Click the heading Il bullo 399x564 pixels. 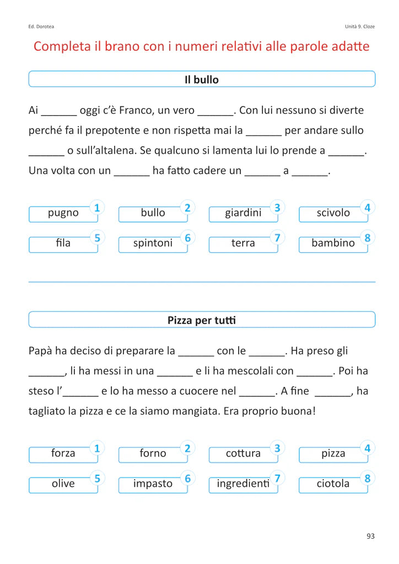pos(201,79)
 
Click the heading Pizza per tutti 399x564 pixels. pos(201,320)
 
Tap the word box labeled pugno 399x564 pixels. pos(63,213)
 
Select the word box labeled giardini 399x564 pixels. pos(243,213)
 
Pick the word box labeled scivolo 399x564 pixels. pos(333,213)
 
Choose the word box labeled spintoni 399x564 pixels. pos(153,243)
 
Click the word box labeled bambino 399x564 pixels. pos(333,243)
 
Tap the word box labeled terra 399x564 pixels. pos(243,243)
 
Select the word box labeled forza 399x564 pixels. pos(63,454)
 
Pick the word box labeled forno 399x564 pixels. pos(153,454)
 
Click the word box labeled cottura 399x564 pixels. pos(243,454)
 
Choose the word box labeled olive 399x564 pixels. pos(63,484)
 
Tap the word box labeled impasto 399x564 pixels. pos(153,484)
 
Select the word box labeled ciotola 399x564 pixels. pos(333,484)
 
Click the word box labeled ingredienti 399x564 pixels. pos(243,484)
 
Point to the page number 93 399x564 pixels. pos(370,536)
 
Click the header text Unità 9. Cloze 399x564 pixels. pos(360,26)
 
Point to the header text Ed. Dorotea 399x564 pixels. pos(41,26)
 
